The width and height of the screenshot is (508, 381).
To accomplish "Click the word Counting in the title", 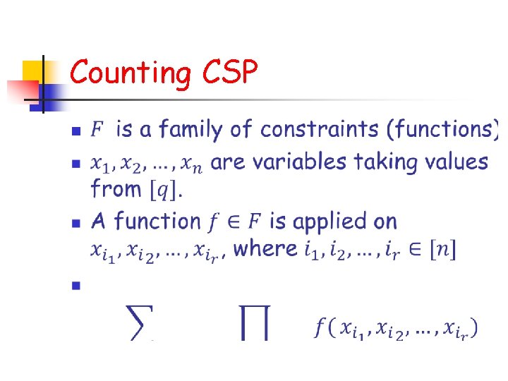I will (x=131, y=72).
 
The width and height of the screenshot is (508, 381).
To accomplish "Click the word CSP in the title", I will (x=229, y=72).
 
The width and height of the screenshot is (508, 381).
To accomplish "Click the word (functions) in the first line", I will (x=446, y=130).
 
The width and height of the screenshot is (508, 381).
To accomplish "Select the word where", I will (x=265, y=248).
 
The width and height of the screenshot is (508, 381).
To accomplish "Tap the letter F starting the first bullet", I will (x=97, y=130).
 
